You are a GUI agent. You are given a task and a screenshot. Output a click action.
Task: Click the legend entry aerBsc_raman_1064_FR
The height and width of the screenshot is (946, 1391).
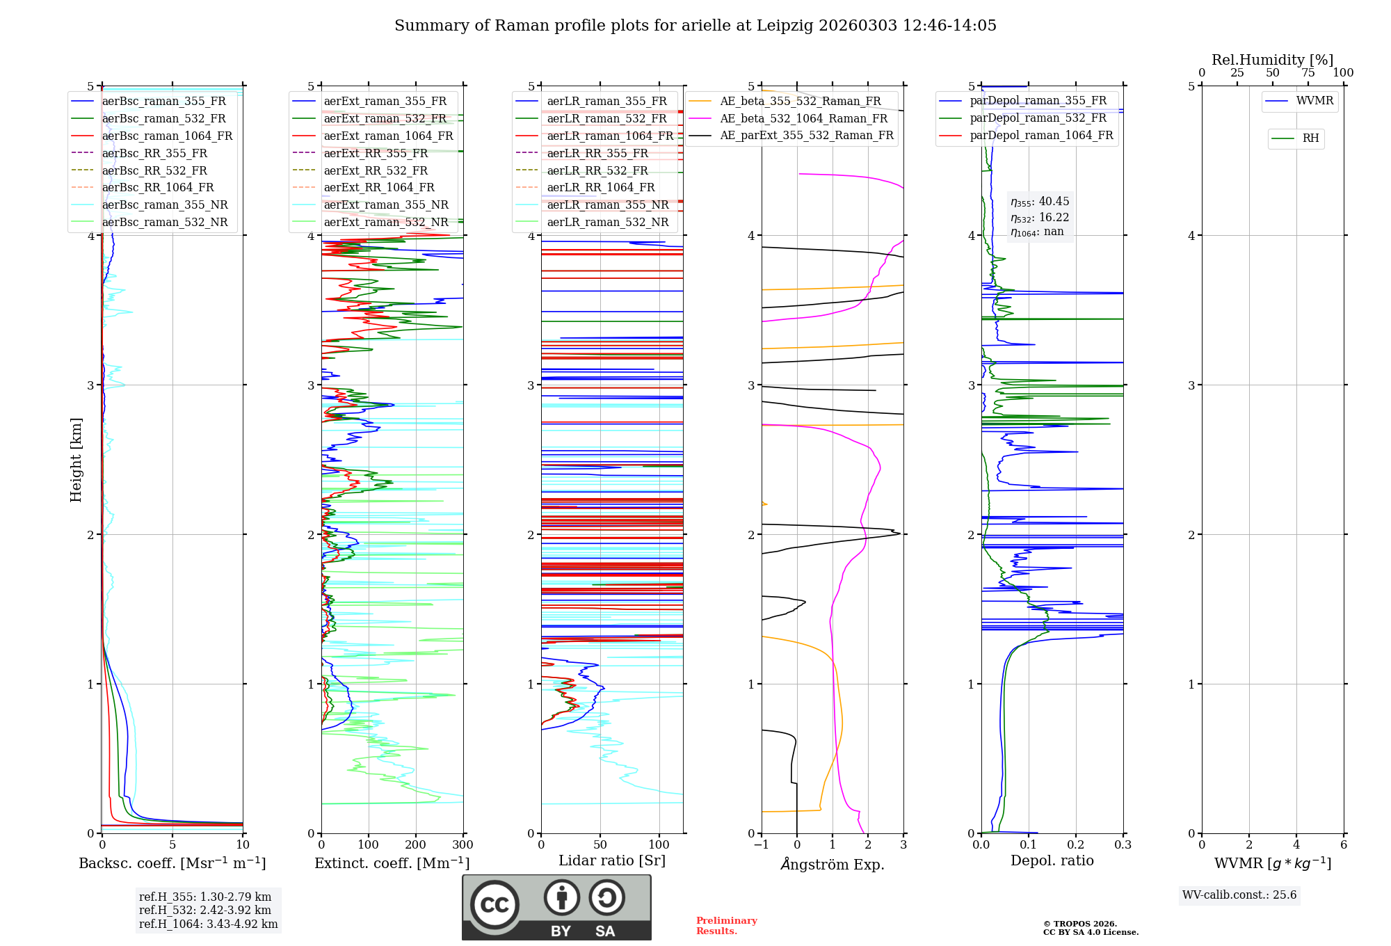(x=167, y=136)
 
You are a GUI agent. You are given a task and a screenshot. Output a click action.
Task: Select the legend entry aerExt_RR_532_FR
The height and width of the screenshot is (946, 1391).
(x=376, y=170)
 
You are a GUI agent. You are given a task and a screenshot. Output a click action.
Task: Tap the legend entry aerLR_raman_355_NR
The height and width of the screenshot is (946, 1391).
(x=607, y=205)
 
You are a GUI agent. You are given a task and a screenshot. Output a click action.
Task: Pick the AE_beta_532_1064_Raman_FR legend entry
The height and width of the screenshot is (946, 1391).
(x=803, y=118)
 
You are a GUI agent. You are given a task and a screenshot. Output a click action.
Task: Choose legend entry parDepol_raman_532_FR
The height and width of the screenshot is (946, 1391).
(x=1038, y=118)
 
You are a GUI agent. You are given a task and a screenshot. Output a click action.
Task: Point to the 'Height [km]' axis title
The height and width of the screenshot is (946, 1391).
(x=76, y=460)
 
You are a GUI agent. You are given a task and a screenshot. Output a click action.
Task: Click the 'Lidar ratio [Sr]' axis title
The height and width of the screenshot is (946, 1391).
(x=611, y=860)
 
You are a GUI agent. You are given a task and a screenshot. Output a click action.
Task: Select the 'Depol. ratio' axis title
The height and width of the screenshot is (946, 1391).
(x=1052, y=860)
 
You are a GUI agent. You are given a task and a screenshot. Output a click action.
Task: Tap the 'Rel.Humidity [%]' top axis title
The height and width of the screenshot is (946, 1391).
(x=1272, y=60)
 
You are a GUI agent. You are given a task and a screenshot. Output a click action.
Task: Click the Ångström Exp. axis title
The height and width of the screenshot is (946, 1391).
(x=833, y=864)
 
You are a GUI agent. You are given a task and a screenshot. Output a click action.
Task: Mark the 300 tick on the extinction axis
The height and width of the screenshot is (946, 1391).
(x=463, y=845)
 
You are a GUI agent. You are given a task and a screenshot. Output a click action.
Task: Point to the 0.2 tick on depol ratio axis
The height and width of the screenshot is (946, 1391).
(x=1076, y=845)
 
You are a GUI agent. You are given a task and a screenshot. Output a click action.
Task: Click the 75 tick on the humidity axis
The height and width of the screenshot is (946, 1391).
(x=1308, y=73)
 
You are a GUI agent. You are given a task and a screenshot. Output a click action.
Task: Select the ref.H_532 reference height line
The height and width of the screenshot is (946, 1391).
(x=204, y=910)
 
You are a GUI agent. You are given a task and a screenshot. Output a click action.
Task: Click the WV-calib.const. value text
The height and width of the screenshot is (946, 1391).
(x=1239, y=895)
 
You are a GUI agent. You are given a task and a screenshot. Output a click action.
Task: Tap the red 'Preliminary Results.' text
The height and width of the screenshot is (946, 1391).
(x=726, y=925)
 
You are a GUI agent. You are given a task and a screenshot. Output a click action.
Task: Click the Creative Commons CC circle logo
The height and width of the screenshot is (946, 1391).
(x=495, y=905)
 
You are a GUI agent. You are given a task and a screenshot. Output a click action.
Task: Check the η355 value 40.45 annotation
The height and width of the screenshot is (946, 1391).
(x=1040, y=202)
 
